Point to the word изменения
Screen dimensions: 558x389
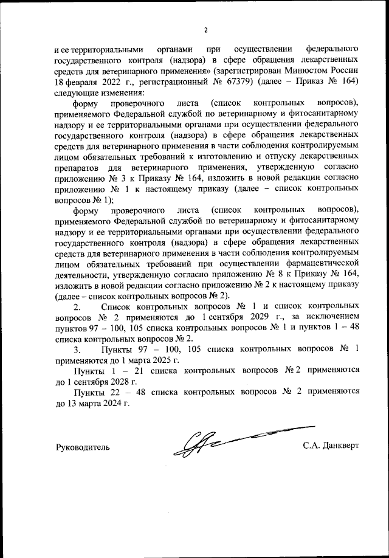[x=123, y=94]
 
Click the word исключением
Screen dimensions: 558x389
[x=331, y=318]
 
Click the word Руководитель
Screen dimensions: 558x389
[x=83, y=446]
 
